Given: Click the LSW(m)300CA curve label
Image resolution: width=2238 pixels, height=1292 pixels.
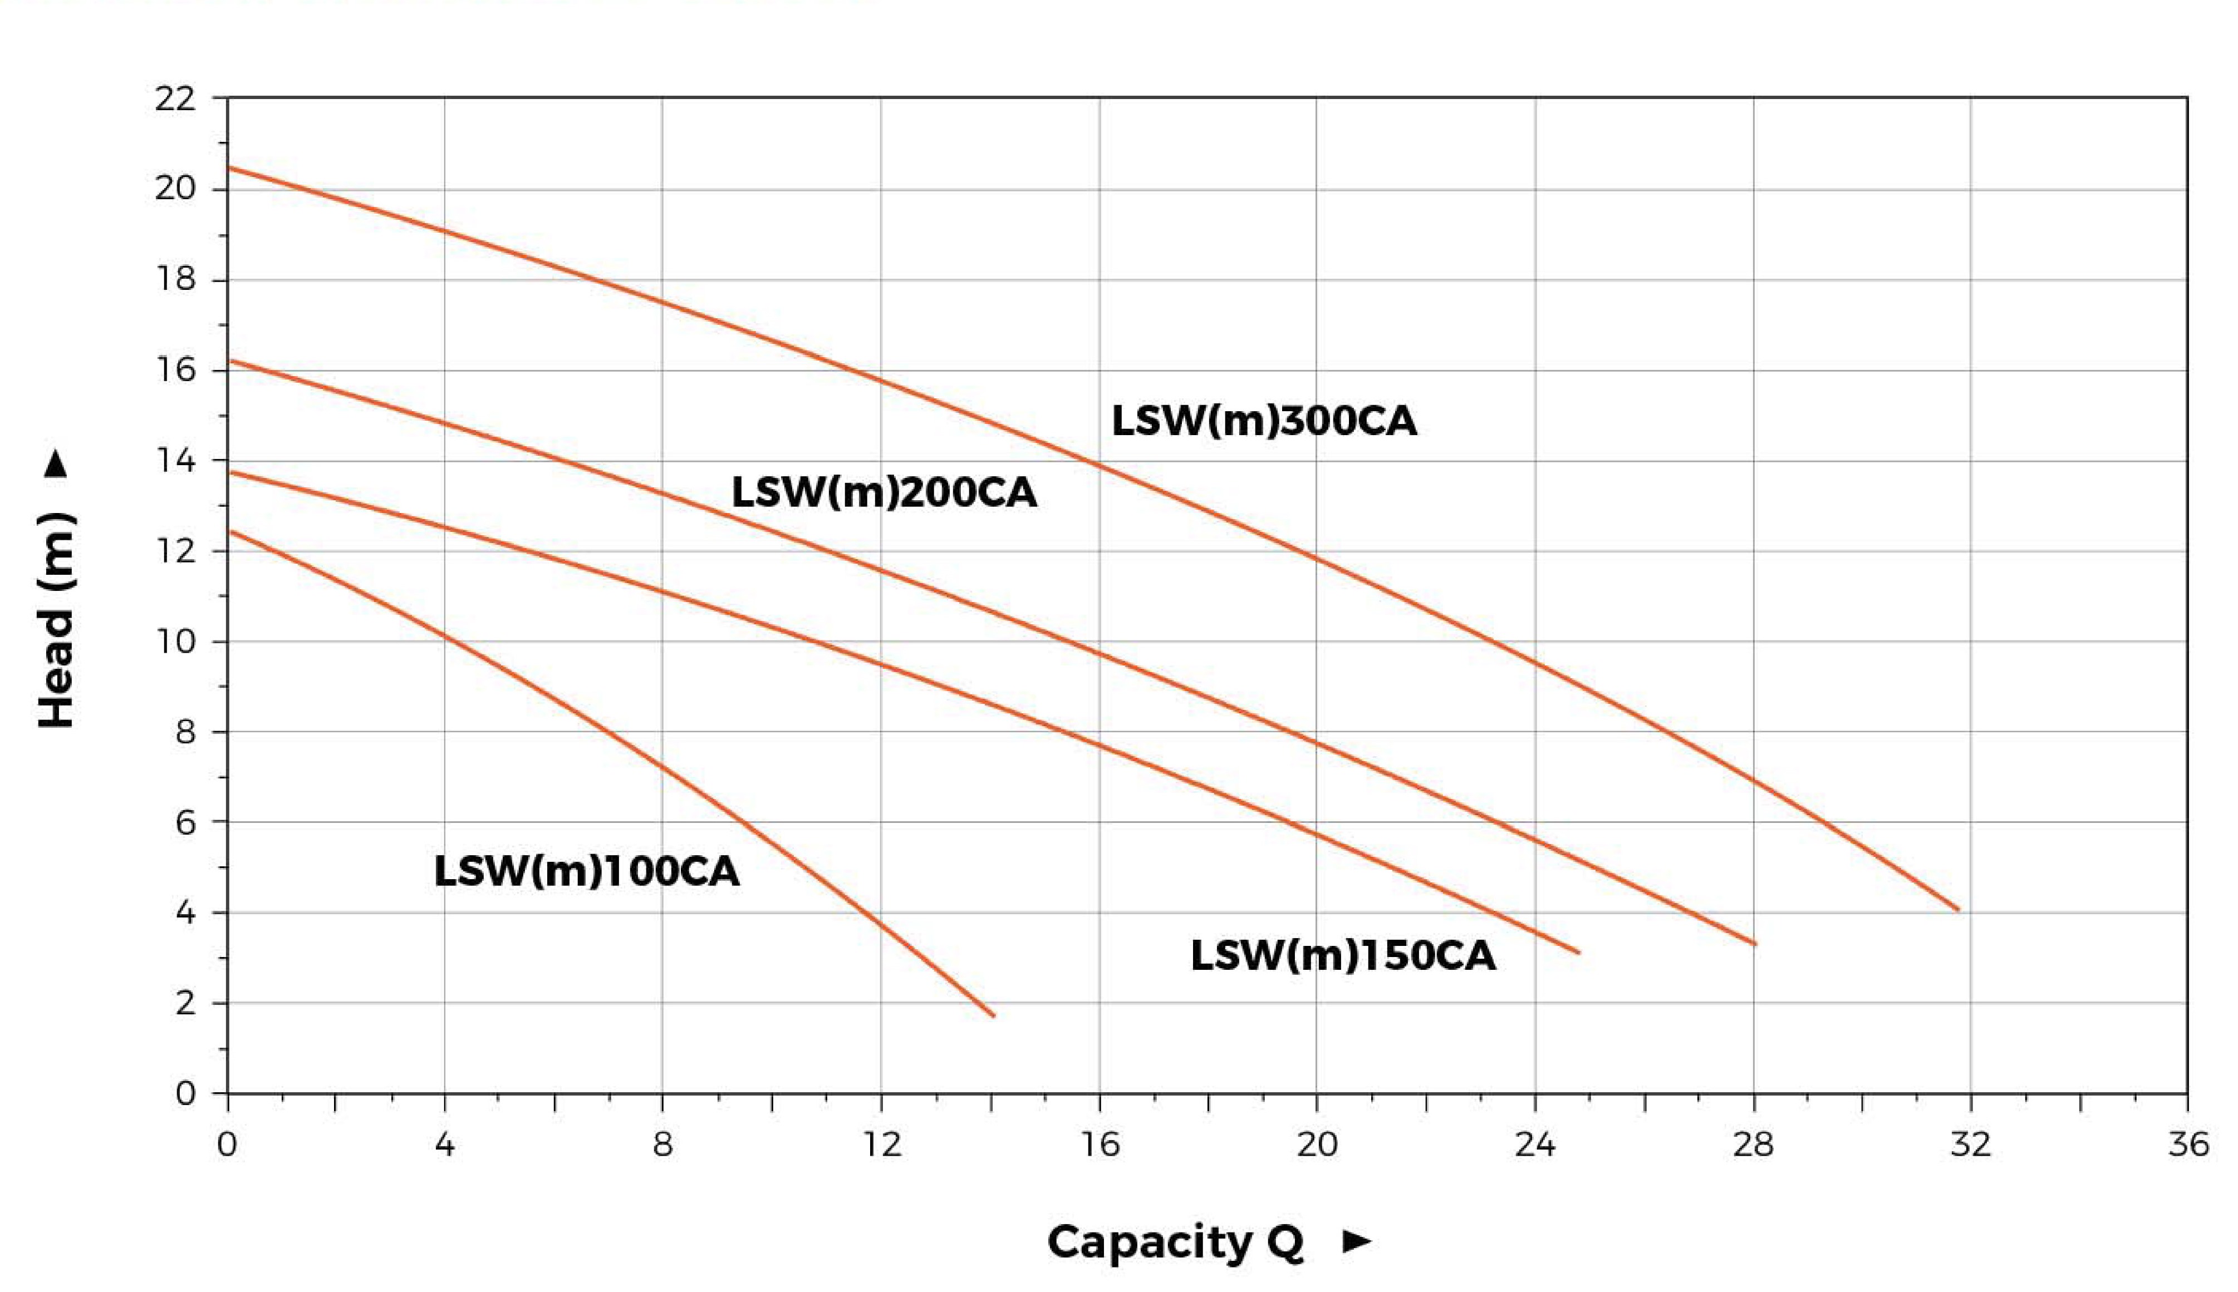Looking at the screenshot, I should [1263, 421].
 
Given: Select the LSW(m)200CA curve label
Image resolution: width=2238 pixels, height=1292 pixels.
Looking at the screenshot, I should [884, 492].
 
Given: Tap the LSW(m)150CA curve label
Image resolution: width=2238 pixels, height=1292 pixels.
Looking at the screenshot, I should [1342, 956].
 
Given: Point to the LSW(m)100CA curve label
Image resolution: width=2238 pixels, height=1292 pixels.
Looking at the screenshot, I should [586, 871].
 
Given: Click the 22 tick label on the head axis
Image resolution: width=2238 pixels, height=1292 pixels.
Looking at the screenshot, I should [174, 98].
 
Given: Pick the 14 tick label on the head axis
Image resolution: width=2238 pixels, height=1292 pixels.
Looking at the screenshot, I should [174, 461].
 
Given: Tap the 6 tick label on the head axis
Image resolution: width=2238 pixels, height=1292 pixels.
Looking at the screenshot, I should [185, 822].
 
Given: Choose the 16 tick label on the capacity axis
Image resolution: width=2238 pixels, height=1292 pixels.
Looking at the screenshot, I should [1099, 1145].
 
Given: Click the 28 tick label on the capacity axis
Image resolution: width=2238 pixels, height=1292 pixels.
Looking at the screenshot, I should [1753, 1145].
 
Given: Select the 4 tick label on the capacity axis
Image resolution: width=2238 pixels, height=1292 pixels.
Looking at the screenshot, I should [445, 1145].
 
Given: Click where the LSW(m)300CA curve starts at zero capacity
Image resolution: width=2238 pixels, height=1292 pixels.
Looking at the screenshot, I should [229, 167].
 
